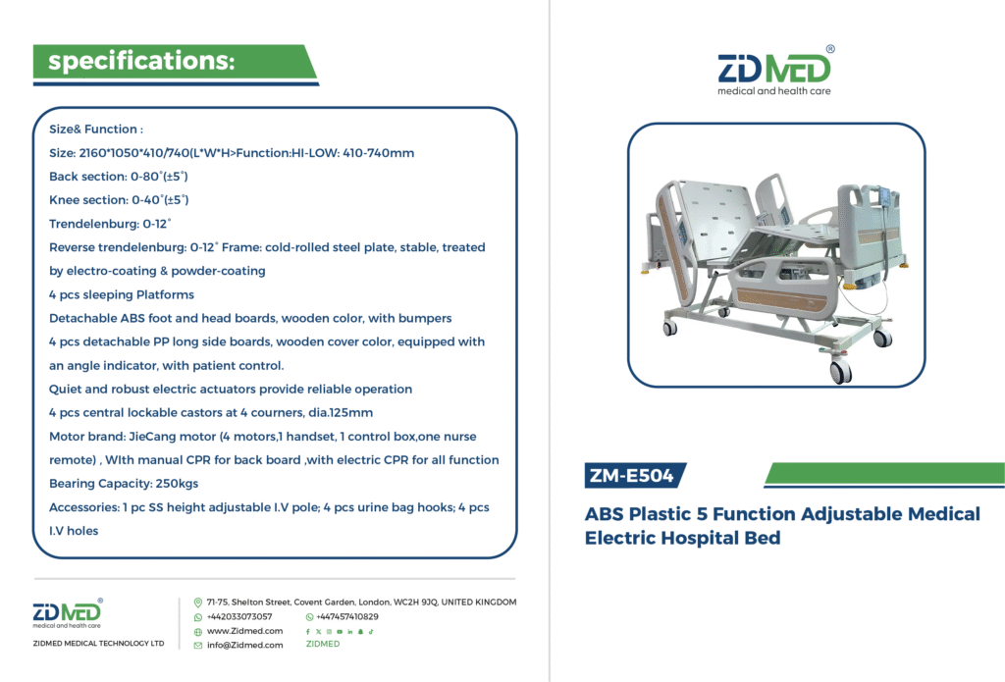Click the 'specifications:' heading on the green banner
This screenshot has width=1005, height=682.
(141, 61)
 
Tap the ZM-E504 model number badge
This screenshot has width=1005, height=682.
(632, 476)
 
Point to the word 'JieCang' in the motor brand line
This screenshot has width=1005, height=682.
(152, 437)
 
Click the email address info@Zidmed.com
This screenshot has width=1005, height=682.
(244, 645)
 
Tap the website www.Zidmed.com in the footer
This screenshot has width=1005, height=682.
(244, 631)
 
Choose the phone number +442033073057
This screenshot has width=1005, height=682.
(239, 616)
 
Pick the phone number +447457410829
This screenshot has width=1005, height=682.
(346, 616)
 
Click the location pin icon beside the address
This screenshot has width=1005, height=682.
(198, 603)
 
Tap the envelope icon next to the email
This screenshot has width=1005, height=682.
(198, 646)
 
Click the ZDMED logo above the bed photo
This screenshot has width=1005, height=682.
(775, 71)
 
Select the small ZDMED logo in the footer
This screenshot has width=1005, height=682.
(68, 613)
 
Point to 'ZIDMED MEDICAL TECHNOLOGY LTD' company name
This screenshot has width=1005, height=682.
(99, 643)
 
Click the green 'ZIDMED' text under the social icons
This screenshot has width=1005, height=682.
(323, 644)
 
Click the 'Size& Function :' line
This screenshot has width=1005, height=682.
(96, 129)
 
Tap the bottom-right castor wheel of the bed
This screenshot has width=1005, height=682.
(840, 370)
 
